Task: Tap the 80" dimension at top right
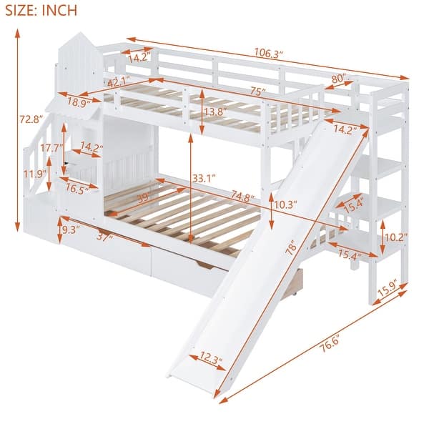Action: click(x=338, y=78)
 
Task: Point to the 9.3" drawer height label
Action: click(x=70, y=230)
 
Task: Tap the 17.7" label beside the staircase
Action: click(x=51, y=148)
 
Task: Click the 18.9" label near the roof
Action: click(x=78, y=103)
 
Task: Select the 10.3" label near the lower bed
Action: click(x=285, y=204)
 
